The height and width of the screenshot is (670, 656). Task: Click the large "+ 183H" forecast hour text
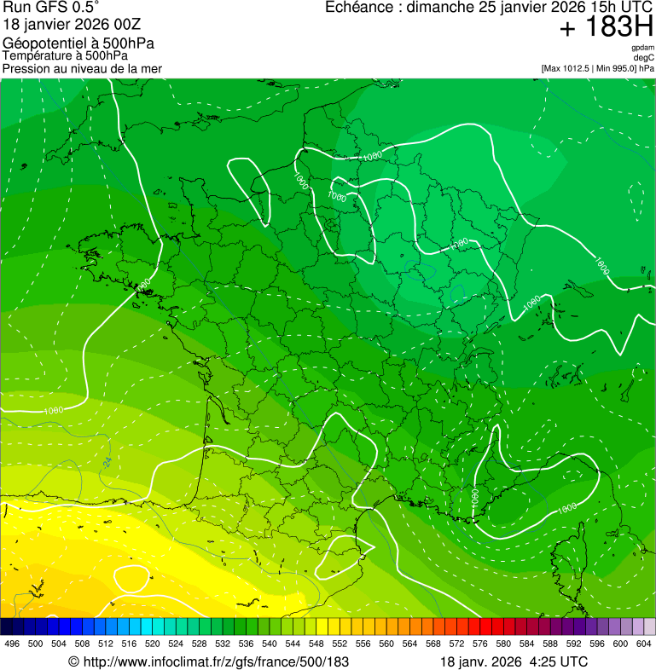coord(607,28)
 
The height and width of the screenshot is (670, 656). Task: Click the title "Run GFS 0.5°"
coord(51,8)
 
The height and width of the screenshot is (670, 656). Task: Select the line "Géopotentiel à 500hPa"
coord(78,43)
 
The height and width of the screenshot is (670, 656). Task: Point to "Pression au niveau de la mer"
coord(82,68)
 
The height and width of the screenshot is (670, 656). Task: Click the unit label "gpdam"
coord(642,48)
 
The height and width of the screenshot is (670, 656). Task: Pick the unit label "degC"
coord(644,57)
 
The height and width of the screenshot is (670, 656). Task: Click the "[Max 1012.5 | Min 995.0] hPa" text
coord(597,67)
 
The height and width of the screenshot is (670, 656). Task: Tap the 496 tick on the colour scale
coord(12,644)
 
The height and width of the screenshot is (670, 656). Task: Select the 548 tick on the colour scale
coord(316,644)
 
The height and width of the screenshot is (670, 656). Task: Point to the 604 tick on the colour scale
coord(644,644)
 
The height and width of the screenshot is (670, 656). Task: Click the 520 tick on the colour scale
coord(153,644)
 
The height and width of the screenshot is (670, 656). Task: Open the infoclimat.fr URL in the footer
coord(208,661)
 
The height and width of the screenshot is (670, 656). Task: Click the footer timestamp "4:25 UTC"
coord(561,661)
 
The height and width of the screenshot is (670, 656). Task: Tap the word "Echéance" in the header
coord(362,8)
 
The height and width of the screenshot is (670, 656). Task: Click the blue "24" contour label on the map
coord(107,461)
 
